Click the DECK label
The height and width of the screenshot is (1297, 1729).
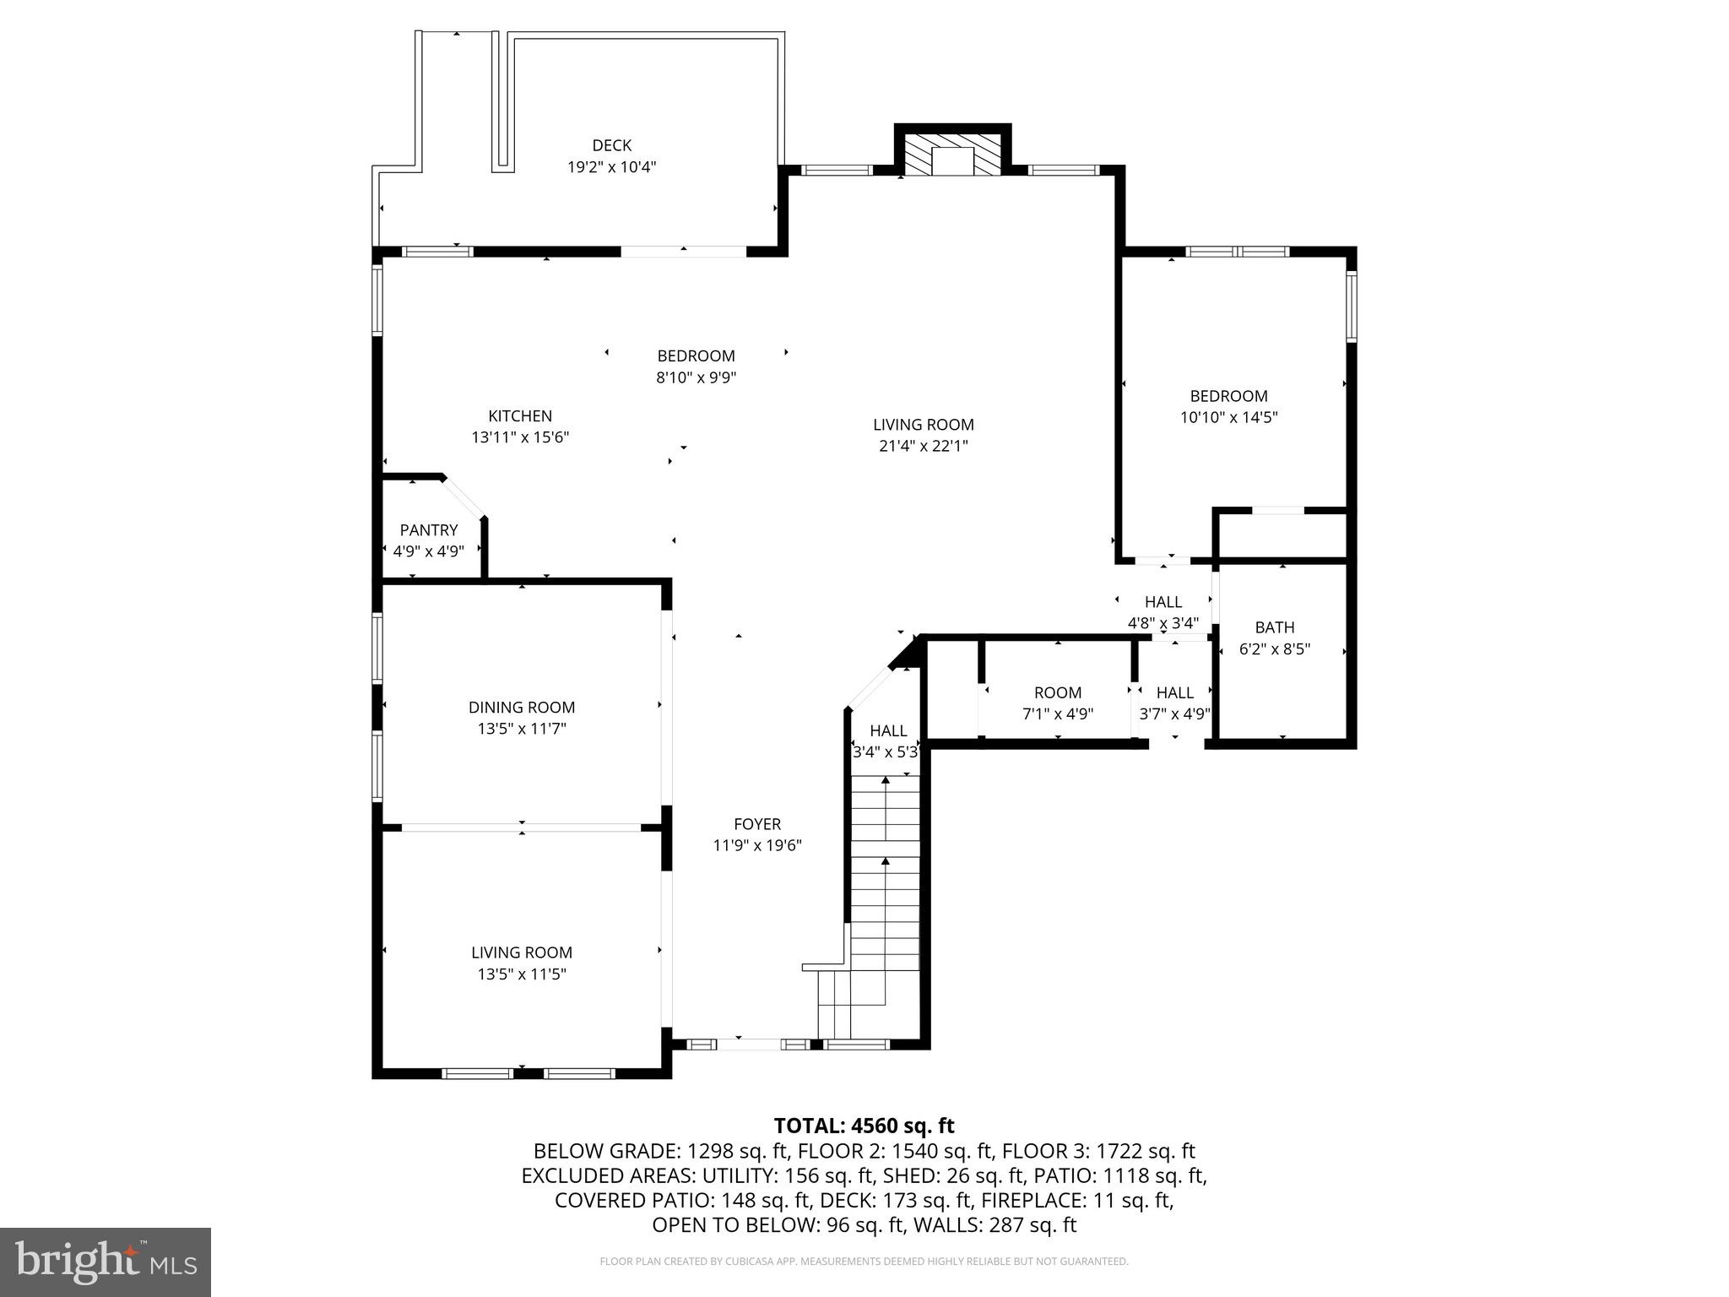(x=611, y=145)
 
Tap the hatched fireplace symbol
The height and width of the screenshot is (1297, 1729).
(x=952, y=154)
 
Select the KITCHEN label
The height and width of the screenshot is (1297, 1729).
(x=520, y=415)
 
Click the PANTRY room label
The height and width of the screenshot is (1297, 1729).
(x=428, y=529)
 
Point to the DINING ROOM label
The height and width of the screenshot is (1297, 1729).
(x=522, y=708)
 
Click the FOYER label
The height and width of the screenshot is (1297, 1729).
(x=757, y=824)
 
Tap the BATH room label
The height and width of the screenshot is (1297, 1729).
(x=1274, y=627)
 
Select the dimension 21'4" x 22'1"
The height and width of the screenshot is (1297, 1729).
(x=923, y=447)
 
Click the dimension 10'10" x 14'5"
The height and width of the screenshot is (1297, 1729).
(x=1228, y=417)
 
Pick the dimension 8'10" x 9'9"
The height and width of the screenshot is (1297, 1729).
(x=696, y=377)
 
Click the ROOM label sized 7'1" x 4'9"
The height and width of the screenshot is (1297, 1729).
(x=1057, y=692)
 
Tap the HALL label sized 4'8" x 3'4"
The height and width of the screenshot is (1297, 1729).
(x=1163, y=602)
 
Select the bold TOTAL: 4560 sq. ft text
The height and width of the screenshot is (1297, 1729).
(x=864, y=1126)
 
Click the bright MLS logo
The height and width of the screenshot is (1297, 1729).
(x=106, y=1262)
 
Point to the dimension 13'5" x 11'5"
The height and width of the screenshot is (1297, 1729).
(x=522, y=974)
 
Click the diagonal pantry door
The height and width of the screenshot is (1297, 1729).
(x=463, y=497)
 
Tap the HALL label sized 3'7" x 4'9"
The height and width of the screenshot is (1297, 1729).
(x=1174, y=692)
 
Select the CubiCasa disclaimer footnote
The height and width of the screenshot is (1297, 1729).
(x=864, y=1262)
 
